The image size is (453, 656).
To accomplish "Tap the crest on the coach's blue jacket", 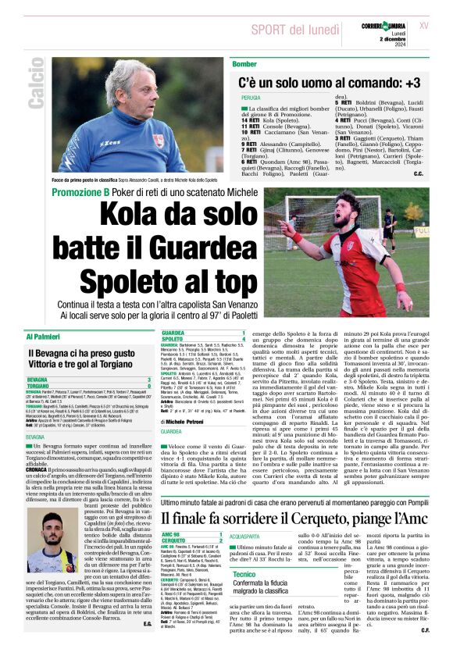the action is [x=159, y=141].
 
